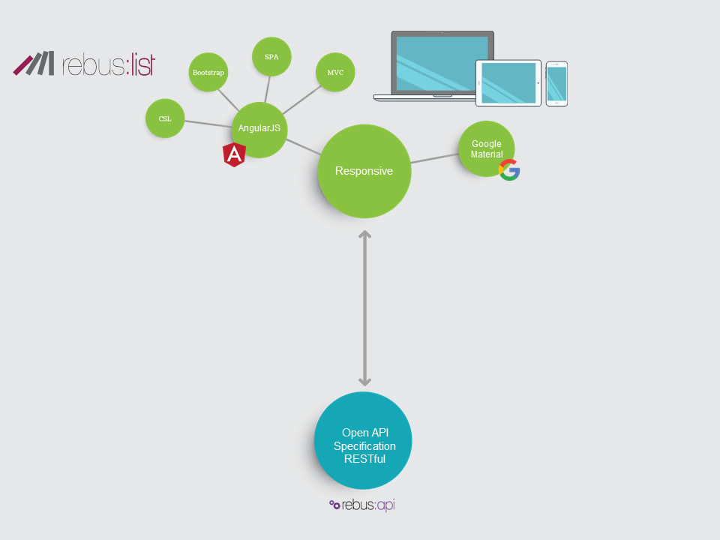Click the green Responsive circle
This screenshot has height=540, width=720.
(364, 171)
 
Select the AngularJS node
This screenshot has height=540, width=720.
(259, 129)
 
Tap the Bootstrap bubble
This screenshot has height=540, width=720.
(208, 72)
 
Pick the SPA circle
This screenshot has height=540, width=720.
(271, 56)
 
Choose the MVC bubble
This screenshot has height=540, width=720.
(335, 72)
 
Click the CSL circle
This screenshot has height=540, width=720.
(165, 118)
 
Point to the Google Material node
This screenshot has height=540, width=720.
(486, 148)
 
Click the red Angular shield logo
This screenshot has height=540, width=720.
(235, 154)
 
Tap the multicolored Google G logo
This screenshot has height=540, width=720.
(509, 170)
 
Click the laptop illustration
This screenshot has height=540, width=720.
(433, 65)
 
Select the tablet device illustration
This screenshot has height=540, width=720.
(508, 82)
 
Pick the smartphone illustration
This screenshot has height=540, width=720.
(556, 83)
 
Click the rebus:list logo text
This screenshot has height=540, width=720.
(109, 64)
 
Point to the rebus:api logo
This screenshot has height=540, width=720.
(362, 505)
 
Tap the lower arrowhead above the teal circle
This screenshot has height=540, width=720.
(364, 381)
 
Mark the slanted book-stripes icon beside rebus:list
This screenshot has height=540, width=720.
(34, 64)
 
